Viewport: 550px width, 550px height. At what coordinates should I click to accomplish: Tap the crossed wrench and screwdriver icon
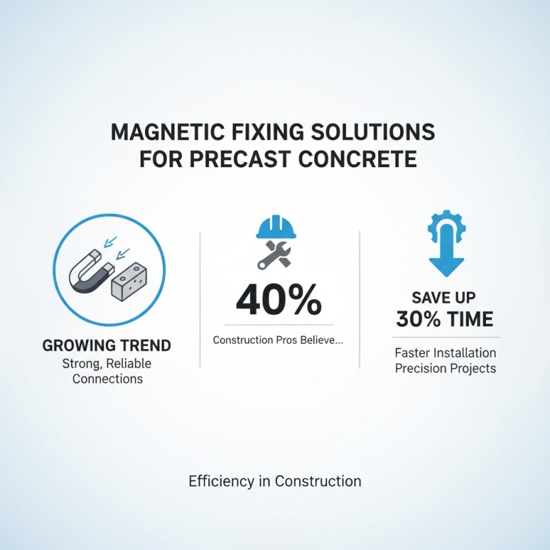(x=275, y=256)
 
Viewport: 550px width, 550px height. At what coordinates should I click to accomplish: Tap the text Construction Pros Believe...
(x=278, y=340)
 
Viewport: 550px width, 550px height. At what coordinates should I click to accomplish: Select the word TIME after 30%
(x=470, y=319)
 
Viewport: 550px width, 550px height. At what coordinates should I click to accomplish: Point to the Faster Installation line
(x=445, y=353)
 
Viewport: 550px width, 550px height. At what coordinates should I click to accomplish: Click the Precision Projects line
(x=445, y=368)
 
